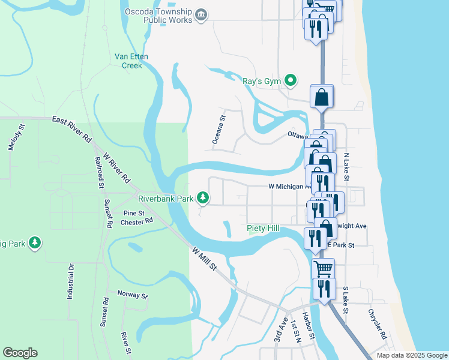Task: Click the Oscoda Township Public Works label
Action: [x=158, y=16]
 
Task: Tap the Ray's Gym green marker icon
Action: [x=291, y=80]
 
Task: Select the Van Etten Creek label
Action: [x=131, y=61]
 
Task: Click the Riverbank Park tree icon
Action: [x=203, y=197]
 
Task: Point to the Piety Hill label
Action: [x=264, y=229]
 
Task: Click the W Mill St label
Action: [x=205, y=259]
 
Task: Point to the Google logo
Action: [x=20, y=353]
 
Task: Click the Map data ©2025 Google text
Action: [x=411, y=355]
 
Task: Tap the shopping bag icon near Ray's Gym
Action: [x=322, y=96]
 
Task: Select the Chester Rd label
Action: [x=136, y=221]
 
